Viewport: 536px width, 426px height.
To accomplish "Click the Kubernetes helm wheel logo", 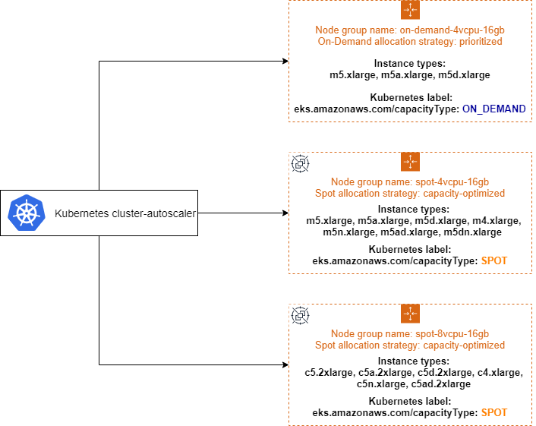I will [24, 213].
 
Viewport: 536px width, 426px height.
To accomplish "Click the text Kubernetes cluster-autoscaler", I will [125, 213].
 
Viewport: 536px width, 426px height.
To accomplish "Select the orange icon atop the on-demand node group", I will [410, 10].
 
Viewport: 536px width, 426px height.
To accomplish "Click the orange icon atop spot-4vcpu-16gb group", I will [410, 162].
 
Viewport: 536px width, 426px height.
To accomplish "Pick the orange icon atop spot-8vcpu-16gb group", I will [410, 314].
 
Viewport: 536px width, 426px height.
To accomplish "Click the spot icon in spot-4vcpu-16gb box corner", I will [301, 163].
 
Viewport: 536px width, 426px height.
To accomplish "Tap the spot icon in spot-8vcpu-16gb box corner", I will [301, 315].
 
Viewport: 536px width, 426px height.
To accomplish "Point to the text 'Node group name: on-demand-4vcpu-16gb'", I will [410, 30].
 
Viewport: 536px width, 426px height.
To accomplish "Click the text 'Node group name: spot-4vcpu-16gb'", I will [410, 182].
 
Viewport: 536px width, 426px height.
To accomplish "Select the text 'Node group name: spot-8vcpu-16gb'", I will [410, 334].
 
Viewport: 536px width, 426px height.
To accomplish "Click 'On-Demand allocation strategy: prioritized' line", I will [410, 41].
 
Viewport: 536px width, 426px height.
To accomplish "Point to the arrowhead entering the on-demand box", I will [285, 61].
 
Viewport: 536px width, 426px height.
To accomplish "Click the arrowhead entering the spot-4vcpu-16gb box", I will [285, 213].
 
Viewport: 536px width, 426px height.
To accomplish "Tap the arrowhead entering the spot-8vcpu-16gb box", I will [285, 364].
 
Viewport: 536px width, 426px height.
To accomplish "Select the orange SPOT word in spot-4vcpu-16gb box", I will [494, 260].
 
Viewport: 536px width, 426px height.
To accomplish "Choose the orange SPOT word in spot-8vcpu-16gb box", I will [494, 412].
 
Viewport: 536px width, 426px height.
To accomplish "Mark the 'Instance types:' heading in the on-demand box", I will [410, 65].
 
